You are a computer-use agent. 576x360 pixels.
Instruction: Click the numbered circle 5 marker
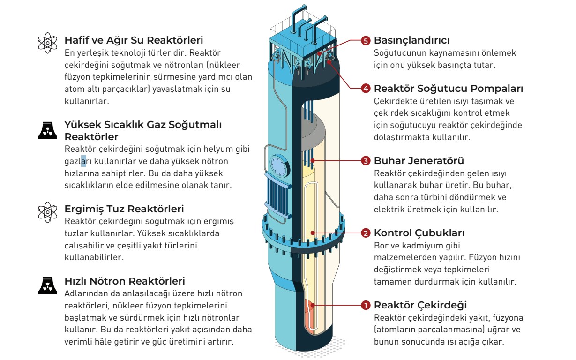point(366,40)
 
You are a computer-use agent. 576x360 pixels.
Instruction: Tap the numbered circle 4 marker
point(366,88)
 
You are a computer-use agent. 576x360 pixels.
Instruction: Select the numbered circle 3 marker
point(366,161)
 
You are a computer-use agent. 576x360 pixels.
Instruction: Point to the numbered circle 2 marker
point(366,233)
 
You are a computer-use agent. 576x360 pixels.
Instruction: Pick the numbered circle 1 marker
point(366,306)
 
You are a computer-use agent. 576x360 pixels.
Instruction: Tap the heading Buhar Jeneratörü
point(419,161)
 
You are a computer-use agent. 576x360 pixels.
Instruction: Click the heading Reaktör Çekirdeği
point(420,306)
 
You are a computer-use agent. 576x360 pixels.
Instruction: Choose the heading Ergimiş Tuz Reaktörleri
point(124,209)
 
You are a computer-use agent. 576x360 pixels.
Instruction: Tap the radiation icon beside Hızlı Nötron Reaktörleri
point(47,285)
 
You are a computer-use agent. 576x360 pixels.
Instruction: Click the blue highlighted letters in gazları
point(83,161)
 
